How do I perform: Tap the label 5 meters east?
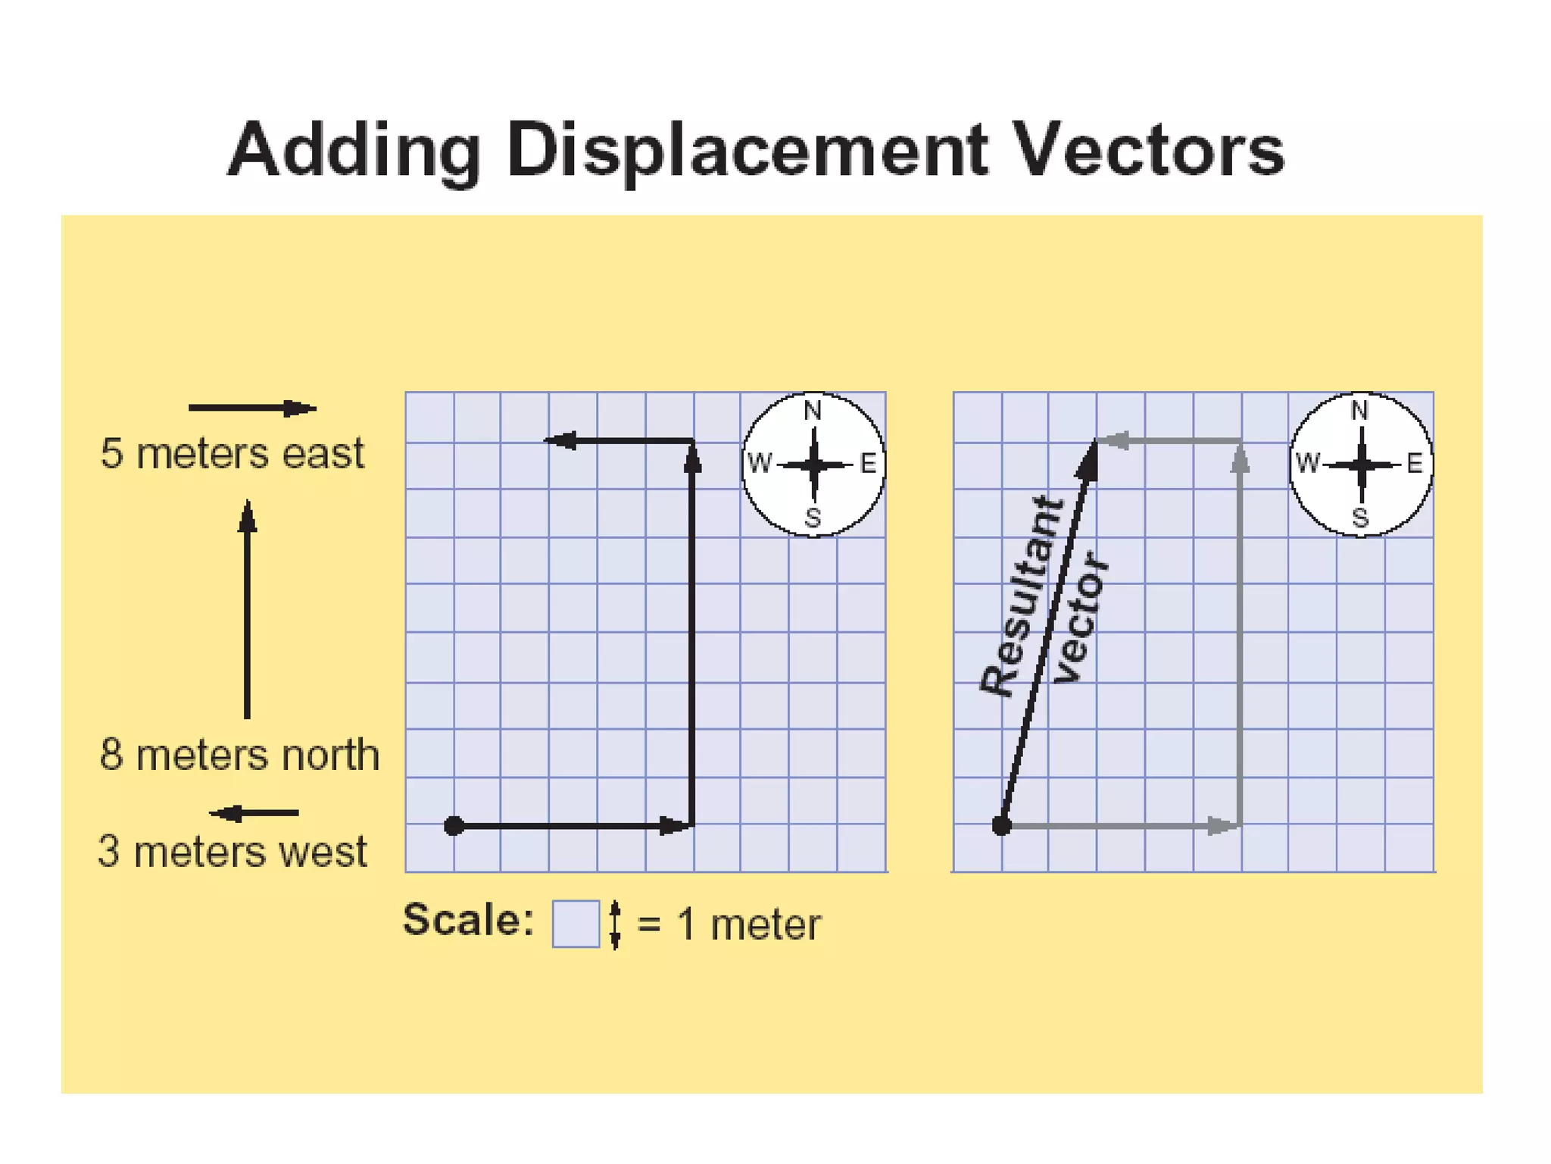232,453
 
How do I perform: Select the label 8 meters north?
239,755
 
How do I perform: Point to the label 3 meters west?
232,851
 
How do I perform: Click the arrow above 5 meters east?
252,408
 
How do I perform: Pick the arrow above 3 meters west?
254,813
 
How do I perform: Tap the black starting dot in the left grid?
454,825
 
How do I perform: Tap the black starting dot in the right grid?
1001,825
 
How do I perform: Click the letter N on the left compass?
813,411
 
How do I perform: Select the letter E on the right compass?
1414,463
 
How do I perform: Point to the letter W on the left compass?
760,462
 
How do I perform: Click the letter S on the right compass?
1360,518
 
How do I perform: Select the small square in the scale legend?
576,924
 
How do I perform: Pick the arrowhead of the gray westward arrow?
1114,440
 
